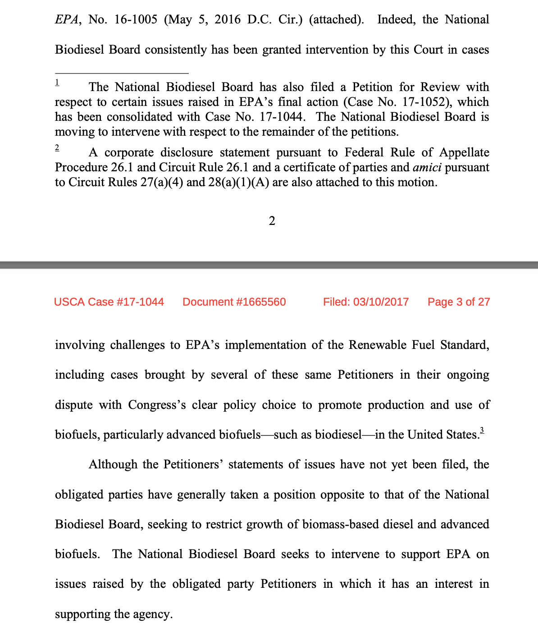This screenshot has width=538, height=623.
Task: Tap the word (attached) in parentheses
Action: click(x=336, y=20)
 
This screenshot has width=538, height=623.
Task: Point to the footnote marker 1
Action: click(x=57, y=82)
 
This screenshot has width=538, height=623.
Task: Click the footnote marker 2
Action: click(x=57, y=147)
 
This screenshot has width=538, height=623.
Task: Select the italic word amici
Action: click(x=427, y=167)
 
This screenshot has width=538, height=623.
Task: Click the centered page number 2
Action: click(x=272, y=221)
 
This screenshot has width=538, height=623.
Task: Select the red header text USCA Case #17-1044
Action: click(x=109, y=302)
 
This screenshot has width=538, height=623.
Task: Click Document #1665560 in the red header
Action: click(x=234, y=302)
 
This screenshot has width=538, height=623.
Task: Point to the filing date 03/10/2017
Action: click(x=381, y=302)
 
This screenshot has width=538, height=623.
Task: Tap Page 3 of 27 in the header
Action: click(x=459, y=302)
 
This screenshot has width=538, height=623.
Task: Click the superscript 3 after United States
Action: click(x=482, y=430)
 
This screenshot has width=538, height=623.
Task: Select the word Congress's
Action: click(x=157, y=405)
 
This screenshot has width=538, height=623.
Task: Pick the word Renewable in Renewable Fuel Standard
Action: click(x=378, y=345)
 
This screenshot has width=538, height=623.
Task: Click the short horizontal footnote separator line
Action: click(x=122, y=73)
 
